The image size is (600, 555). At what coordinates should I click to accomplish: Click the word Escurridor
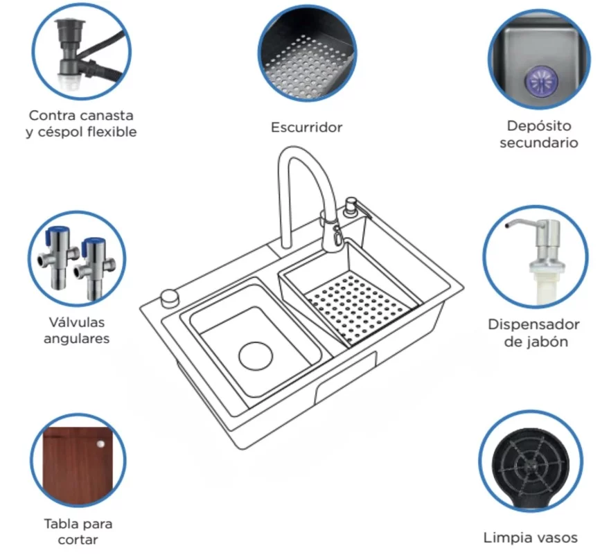click(x=306, y=127)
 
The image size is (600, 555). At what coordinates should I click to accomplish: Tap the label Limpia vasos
click(x=530, y=538)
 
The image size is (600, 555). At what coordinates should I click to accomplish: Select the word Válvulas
click(x=76, y=322)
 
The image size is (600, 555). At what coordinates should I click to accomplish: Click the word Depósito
click(x=539, y=126)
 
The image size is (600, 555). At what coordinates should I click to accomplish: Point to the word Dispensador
click(x=533, y=324)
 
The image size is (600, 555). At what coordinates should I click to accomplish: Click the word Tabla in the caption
click(x=59, y=524)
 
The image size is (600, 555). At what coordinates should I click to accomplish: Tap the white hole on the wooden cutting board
click(x=100, y=444)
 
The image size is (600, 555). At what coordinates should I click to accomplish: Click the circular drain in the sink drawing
click(x=256, y=356)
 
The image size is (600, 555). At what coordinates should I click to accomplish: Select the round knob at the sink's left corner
click(x=170, y=298)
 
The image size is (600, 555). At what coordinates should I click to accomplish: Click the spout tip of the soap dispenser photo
click(x=506, y=226)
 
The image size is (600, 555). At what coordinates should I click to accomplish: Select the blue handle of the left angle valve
click(x=58, y=232)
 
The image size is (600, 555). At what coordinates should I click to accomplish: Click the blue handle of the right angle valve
click(x=94, y=243)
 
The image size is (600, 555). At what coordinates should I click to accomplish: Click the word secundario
click(x=539, y=143)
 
